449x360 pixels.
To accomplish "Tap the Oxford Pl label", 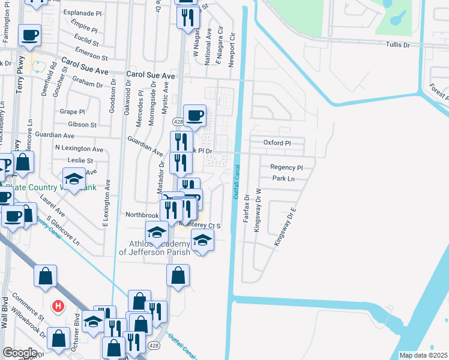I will pos(277,143).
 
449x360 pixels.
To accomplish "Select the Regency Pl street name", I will pos(286,168).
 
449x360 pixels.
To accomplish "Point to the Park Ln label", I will pos(283,179).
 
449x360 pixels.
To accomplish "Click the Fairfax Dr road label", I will pos(246,208).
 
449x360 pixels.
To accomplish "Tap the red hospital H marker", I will pos(58,306).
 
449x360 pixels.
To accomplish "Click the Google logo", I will pos(20,353).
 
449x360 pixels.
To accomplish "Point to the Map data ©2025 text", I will pos(423,355).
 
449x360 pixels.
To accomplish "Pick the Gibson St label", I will pos(82,124).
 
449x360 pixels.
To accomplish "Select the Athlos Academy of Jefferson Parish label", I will pos(154,248).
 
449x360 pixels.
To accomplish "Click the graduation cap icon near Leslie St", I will pos(74,178).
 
